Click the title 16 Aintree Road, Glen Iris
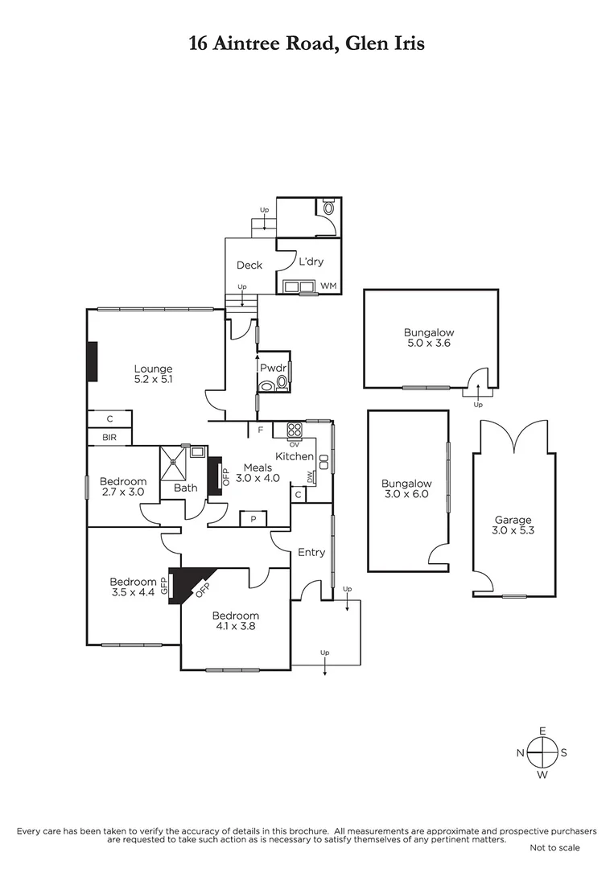click(x=307, y=43)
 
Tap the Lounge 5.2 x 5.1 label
click(x=153, y=375)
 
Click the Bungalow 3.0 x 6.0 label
click(x=406, y=489)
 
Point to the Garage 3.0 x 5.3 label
click(x=513, y=525)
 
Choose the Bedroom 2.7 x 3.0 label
click(x=122, y=487)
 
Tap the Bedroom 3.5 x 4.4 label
click(x=133, y=587)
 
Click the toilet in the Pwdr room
click(x=268, y=385)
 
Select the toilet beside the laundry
click(x=328, y=208)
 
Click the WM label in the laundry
click(x=328, y=286)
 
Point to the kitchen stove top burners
click(x=295, y=429)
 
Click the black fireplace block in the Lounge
click(x=93, y=361)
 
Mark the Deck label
click(x=249, y=265)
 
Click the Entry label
click(x=311, y=552)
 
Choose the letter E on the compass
click(x=542, y=731)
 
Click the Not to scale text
click(x=554, y=847)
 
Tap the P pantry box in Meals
click(x=253, y=519)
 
